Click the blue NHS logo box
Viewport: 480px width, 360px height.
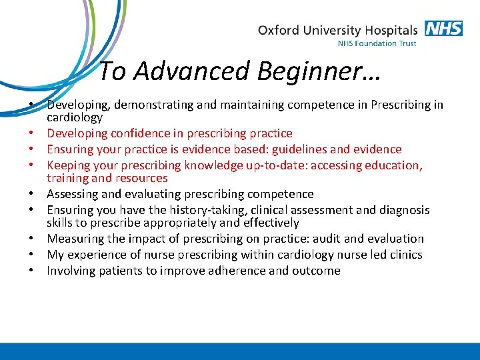click(x=443, y=29)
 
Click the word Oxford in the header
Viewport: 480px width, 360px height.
click(x=277, y=30)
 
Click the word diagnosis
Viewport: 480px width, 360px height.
click(x=403, y=209)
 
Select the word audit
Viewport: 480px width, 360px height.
click(x=322, y=239)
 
